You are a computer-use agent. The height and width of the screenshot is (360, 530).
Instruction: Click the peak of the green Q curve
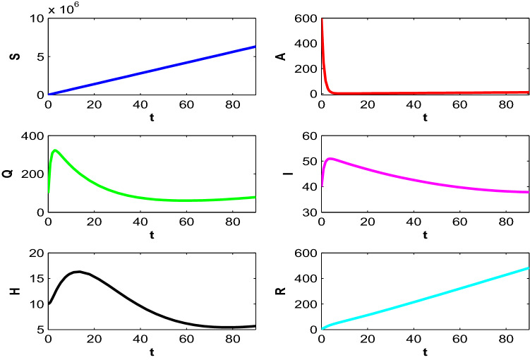(x=55, y=150)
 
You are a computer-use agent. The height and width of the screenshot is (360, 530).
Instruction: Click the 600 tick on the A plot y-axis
(x=306, y=18)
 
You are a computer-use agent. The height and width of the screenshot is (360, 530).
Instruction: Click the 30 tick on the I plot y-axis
(x=309, y=212)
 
